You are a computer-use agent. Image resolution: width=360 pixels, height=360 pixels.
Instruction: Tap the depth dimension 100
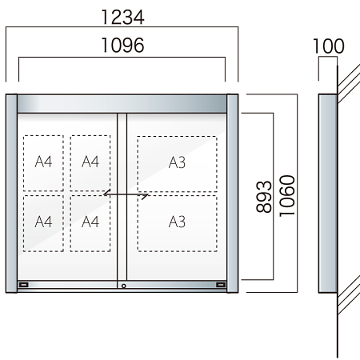328,46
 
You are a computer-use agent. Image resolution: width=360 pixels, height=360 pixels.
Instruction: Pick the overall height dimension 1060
288,193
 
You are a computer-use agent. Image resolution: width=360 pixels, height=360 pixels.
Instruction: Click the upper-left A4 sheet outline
44,162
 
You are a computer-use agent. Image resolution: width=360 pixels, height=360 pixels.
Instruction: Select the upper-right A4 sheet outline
90,162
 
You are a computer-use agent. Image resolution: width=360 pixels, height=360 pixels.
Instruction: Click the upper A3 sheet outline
177,162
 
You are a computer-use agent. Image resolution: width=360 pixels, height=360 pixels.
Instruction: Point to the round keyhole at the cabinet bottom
124,285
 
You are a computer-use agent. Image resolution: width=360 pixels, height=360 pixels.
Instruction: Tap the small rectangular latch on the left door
24,285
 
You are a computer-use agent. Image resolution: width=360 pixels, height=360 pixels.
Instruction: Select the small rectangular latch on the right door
221,285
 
